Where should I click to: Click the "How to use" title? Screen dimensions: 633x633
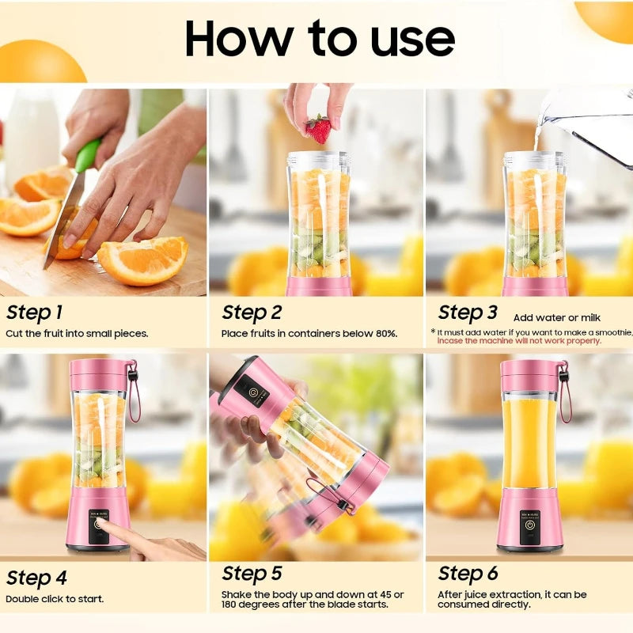[x=320, y=38]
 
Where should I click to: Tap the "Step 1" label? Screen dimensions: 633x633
[x=34, y=312]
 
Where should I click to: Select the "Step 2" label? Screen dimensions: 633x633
[x=252, y=313]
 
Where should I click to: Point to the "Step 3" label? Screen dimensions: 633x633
[x=468, y=313]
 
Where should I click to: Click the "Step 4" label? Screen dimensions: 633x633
[x=36, y=578]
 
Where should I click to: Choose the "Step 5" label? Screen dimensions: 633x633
[x=252, y=574]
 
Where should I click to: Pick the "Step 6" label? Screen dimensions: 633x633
[x=468, y=574]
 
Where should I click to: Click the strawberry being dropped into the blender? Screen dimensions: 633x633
[x=318, y=129]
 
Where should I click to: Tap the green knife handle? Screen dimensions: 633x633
[x=88, y=155]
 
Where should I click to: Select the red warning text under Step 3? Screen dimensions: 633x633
[x=519, y=341]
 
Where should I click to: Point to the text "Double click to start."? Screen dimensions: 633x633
[x=55, y=599]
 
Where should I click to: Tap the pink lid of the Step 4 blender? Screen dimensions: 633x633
[x=99, y=374]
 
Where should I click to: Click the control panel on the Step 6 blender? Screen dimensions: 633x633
[x=529, y=523]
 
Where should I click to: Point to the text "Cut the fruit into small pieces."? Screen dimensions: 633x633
[x=77, y=333]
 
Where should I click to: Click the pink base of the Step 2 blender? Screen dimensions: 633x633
[x=318, y=286]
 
